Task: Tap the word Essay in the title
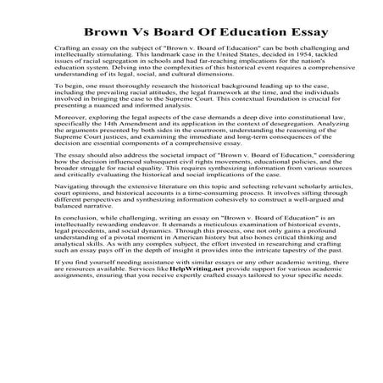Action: pyautogui.click(x=283, y=31)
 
